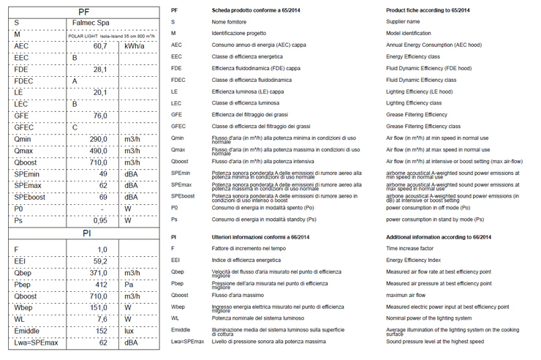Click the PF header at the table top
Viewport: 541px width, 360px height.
tap(83, 12)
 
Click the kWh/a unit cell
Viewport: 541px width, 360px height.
tap(135, 46)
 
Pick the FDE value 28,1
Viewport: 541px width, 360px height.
tap(100, 70)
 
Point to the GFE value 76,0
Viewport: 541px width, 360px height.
tap(100, 116)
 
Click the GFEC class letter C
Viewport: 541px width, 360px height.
tap(75, 127)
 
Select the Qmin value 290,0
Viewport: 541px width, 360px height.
tap(99, 139)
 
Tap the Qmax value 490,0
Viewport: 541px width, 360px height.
tap(99, 151)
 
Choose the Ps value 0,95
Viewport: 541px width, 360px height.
tap(100, 220)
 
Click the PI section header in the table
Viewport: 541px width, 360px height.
tap(83, 233)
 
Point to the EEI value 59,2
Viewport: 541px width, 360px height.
tap(100, 260)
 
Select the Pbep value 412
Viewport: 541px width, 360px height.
tap(102, 284)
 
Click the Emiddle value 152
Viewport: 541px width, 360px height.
tap(102, 330)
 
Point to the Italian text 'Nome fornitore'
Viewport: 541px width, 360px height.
tap(230, 22)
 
